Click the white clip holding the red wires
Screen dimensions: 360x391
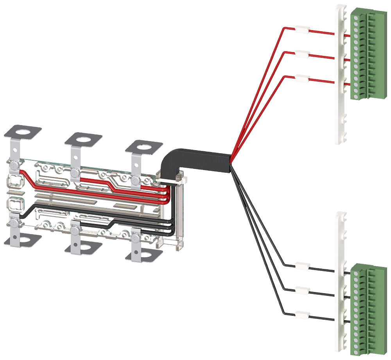301,55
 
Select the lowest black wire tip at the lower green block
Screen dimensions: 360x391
346,320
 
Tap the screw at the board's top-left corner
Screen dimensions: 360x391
14,166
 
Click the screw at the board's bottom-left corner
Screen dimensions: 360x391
14,223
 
